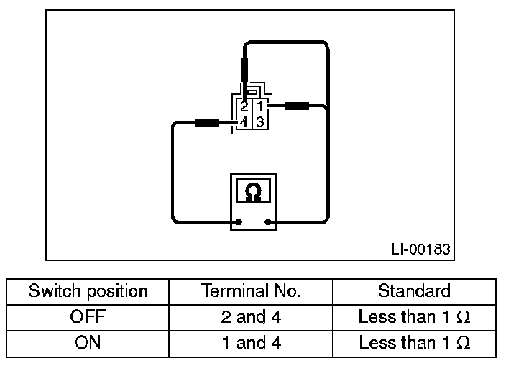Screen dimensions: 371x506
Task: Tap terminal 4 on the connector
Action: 244,123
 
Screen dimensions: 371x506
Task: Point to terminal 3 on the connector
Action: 260,123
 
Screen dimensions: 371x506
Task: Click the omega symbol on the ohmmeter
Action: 253,192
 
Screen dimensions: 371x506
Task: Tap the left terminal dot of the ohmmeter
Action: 238,221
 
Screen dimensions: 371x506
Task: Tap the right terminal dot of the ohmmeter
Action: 268,221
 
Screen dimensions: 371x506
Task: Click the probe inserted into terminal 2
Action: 245,72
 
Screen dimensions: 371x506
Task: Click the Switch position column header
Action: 88,291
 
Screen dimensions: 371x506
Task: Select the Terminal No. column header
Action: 250,291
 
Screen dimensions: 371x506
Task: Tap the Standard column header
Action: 414,291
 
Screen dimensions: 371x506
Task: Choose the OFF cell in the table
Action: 88,317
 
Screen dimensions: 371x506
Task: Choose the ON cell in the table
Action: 88,343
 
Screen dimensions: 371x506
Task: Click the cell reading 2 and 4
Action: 250,317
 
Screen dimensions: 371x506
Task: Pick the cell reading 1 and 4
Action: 250,343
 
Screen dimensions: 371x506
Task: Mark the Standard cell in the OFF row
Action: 414,317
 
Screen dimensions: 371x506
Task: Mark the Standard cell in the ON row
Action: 414,343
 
